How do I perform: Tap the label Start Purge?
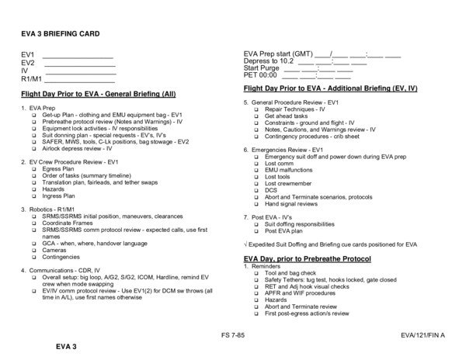click(x=261, y=67)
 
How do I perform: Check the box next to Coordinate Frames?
click(x=35, y=223)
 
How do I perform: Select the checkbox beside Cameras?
click(x=35, y=251)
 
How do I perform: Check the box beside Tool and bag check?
click(x=257, y=273)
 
